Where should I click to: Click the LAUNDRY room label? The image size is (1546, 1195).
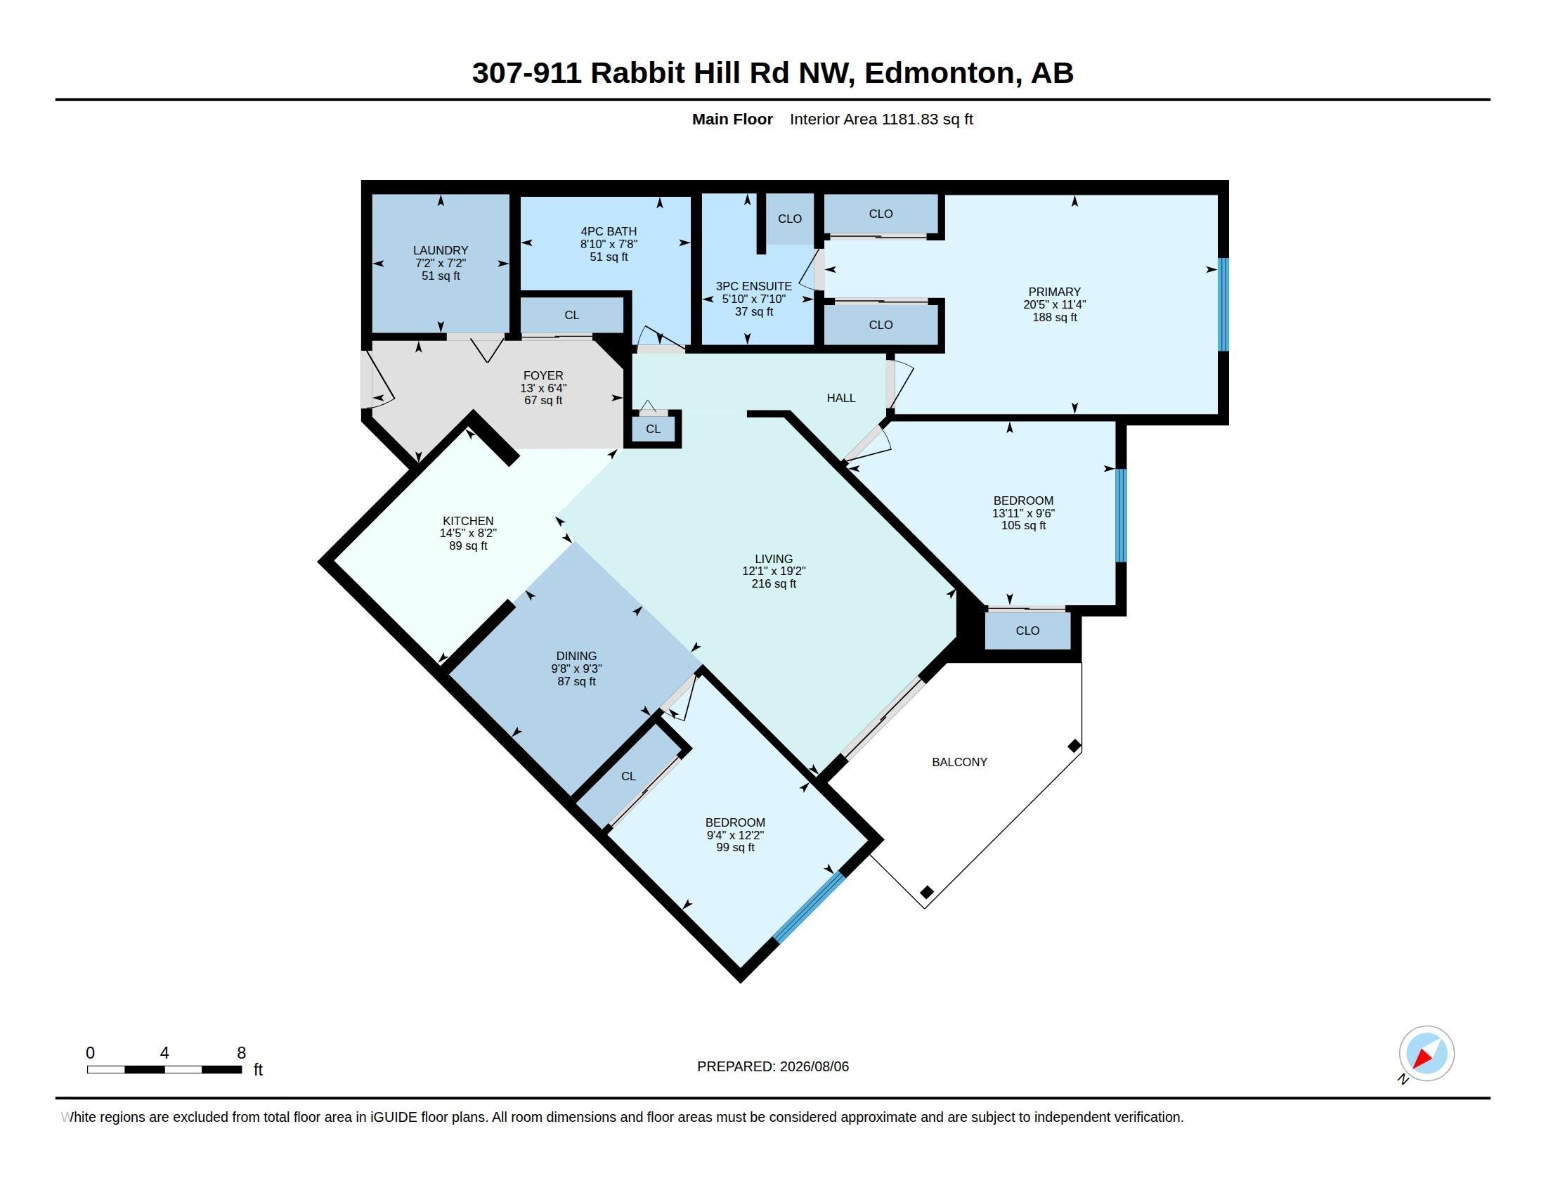pos(441,251)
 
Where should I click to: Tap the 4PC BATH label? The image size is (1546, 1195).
pos(609,231)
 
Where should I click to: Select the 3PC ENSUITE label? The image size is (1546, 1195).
pos(754,286)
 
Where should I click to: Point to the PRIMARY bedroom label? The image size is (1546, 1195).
pos(1055,292)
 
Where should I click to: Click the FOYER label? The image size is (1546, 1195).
pos(544,376)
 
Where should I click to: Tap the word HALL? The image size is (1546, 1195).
pos(841,398)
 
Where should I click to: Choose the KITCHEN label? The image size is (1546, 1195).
pos(468,521)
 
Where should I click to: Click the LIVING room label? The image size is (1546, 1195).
pos(774,559)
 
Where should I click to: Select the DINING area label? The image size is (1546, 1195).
pos(576,657)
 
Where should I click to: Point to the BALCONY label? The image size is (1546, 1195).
pos(959,762)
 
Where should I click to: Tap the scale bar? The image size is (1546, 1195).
pos(164,1069)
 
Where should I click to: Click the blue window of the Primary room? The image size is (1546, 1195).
pos(1223,304)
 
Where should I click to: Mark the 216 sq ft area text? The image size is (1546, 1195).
pos(774,584)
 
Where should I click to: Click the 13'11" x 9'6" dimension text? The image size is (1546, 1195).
pos(1023,513)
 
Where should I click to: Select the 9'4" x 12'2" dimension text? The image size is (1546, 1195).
pos(735,835)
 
